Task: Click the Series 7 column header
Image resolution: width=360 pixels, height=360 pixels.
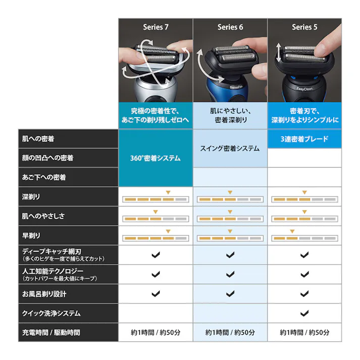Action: [x=156, y=27]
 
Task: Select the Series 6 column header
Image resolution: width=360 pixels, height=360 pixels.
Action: [x=230, y=27]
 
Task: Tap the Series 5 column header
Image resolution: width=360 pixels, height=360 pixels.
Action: [x=304, y=27]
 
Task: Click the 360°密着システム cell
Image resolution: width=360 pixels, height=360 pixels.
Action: [x=156, y=158]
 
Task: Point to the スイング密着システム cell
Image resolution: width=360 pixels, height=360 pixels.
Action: [x=230, y=148]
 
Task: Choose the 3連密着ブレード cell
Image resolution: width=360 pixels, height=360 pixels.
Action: [x=304, y=139]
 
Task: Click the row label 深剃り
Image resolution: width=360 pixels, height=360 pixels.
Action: [x=31, y=196]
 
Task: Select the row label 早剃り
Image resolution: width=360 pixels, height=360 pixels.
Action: [x=31, y=235]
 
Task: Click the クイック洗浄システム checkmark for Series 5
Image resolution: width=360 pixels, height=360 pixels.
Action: [x=304, y=313]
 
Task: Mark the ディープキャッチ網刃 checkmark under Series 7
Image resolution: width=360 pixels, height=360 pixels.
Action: [x=156, y=255]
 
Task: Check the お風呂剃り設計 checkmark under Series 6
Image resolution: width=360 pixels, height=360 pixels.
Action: [x=230, y=293]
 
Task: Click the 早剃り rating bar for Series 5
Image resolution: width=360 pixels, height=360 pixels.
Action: [x=304, y=238]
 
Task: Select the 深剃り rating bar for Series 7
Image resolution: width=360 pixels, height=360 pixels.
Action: [x=156, y=199]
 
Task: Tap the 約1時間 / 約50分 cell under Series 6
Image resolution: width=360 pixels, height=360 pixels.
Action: [x=230, y=332]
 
